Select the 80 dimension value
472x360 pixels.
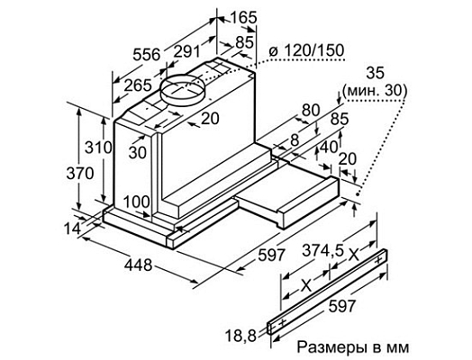click(310, 110)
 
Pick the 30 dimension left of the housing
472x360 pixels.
click(137, 152)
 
